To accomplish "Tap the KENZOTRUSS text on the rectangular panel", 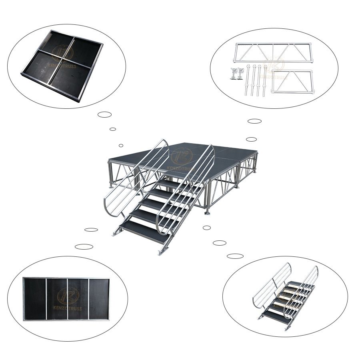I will point(66,308).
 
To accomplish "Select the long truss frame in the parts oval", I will point(273,52).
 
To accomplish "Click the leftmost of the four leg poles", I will point(248,80).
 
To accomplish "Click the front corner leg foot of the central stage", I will point(207,212).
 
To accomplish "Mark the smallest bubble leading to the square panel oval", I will point(121,146).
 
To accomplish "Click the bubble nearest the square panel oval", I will point(104,114).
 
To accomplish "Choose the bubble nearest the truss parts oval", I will point(254,121).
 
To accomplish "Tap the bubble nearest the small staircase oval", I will point(235,256).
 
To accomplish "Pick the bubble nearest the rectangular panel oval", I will point(84,246).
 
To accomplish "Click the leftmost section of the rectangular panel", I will point(35,299).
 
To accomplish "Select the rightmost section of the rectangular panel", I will point(99,299).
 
